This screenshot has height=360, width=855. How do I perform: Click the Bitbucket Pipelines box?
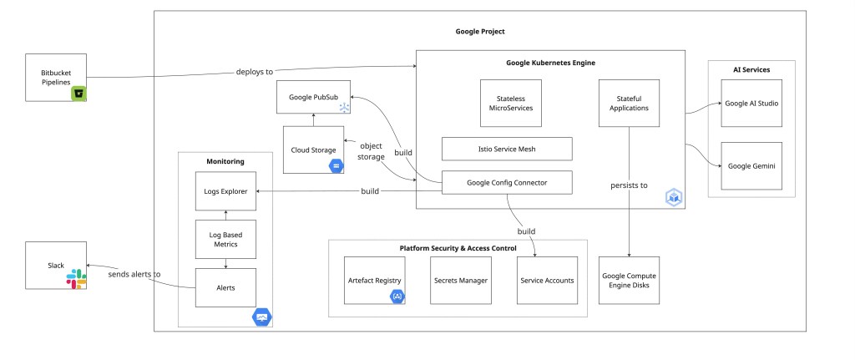pyautogui.click(x=56, y=78)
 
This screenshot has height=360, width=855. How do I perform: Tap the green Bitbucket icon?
pyautogui.click(x=79, y=94)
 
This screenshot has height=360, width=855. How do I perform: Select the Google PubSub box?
pyautogui.click(x=313, y=97)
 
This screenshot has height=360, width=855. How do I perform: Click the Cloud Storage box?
pyautogui.click(x=313, y=150)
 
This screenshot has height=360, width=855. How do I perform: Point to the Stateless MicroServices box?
pyautogui.click(x=510, y=103)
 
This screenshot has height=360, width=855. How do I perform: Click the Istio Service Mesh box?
pyautogui.click(x=507, y=149)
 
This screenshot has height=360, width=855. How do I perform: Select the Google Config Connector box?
pyautogui.click(x=507, y=181)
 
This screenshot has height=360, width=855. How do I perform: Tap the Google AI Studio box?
pyautogui.click(x=751, y=103)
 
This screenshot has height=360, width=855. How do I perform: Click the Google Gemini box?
pyautogui.click(x=751, y=166)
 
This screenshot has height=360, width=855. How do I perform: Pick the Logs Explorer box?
pyautogui.click(x=225, y=191)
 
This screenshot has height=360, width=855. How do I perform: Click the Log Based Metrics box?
pyautogui.click(x=225, y=238)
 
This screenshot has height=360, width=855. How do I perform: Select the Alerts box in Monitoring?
pyautogui.click(x=225, y=286)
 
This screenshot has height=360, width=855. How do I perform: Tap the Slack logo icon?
pyautogui.click(x=77, y=279)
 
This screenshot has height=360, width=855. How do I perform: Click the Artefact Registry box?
pyautogui.click(x=375, y=280)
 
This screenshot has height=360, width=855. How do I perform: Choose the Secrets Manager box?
pyautogui.click(x=460, y=280)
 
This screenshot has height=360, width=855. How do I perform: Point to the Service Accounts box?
pyautogui.click(x=547, y=280)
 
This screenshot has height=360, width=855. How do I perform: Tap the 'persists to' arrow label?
pyautogui.click(x=628, y=185)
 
